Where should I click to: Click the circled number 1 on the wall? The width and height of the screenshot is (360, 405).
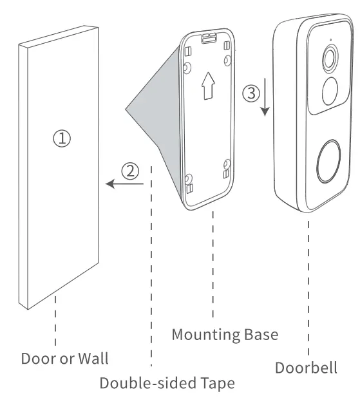tap(62, 137)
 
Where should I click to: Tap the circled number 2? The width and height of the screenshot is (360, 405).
tap(130, 171)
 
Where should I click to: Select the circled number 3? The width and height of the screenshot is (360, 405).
tap(251, 93)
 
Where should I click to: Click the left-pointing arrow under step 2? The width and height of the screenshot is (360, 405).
tap(124, 185)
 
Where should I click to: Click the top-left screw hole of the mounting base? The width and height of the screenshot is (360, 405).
tap(187, 67)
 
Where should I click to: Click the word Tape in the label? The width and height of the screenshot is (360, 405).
tap(217, 384)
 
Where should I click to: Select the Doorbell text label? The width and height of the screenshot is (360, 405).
tap(306, 368)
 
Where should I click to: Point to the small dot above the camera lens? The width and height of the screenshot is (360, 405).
tap(330, 41)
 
